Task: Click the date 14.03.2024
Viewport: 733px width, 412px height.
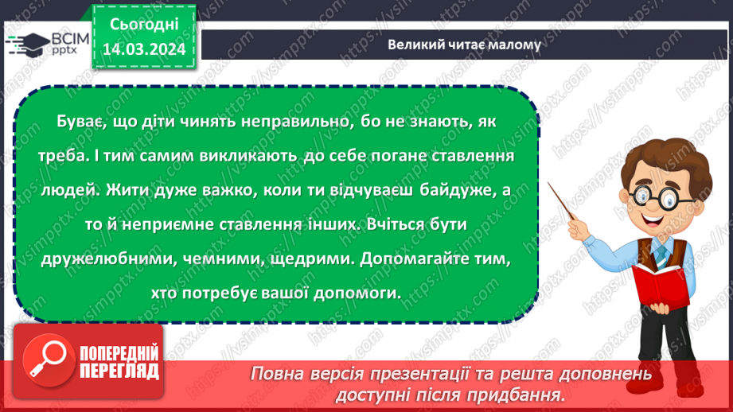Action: (144, 49)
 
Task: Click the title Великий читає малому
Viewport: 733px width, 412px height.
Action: (464, 45)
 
